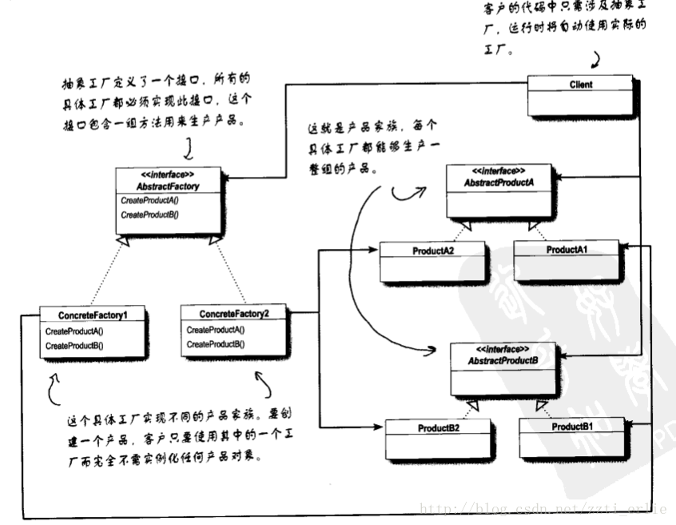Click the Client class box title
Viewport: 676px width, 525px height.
pyautogui.click(x=582, y=83)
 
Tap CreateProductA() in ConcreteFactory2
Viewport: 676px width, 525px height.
pyautogui.click(x=216, y=330)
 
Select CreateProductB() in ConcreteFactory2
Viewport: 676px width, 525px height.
pyautogui.click(x=216, y=344)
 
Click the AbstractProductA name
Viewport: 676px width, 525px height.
pyautogui.click(x=499, y=182)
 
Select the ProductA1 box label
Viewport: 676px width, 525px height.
pyautogui.click(x=567, y=250)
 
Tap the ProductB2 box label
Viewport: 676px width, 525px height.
pyautogui.click(x=438, y=428)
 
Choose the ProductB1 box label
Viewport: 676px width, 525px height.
pyautogui.click(x=572, y=427)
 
